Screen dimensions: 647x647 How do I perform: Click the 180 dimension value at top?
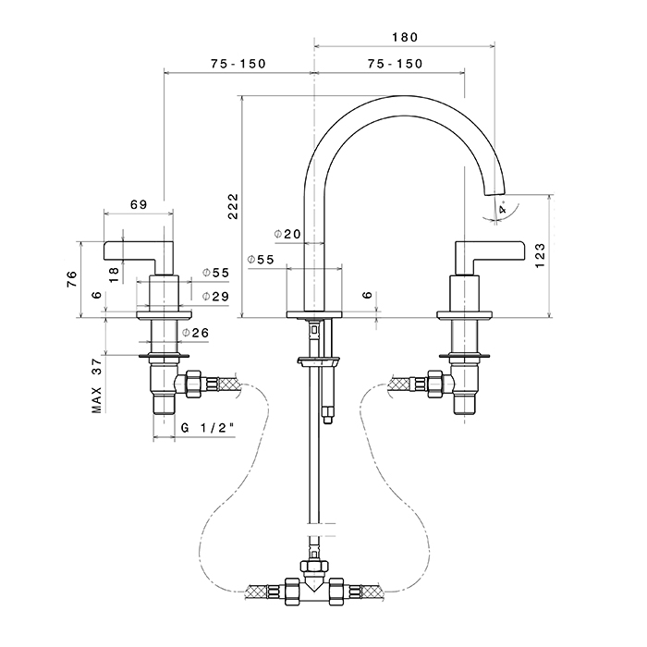point(403,37)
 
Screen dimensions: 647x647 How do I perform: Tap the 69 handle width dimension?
point(140,204)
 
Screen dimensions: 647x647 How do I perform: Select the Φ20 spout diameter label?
point(287,235)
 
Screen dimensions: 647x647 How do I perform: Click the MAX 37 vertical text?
point(95,386)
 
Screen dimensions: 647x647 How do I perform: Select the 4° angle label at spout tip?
point(502,210)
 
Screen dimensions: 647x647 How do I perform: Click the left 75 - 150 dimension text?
point(238,64)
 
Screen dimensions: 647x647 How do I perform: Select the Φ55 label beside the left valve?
point(215,273)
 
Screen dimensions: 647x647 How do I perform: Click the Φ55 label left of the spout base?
point(261,260)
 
